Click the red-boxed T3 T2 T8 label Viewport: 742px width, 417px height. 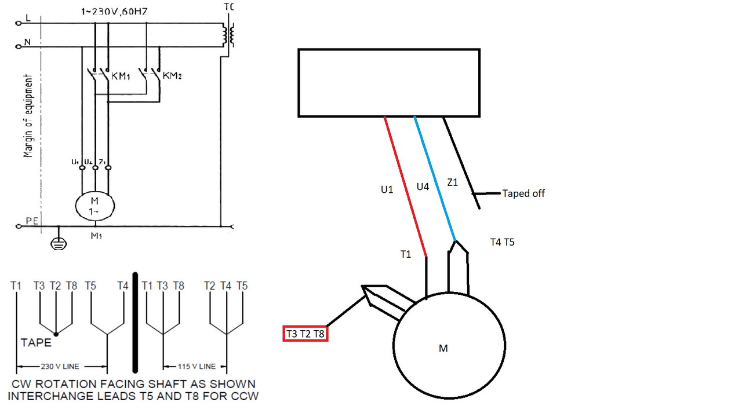pos(305,334)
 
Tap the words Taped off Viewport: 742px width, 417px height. pos(523,193)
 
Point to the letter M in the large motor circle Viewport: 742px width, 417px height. pos(443,348)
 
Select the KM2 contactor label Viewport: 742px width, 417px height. pos(172,76)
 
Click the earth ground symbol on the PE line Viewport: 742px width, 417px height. pos(56,244)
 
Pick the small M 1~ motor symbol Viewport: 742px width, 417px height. pos(95,205)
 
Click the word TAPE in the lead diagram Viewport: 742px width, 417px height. pos(36,342)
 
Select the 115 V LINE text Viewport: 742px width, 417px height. pos(195,366)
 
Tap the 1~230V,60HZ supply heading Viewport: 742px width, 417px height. pos(115,11)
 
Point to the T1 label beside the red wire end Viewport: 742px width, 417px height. pos(405,254)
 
